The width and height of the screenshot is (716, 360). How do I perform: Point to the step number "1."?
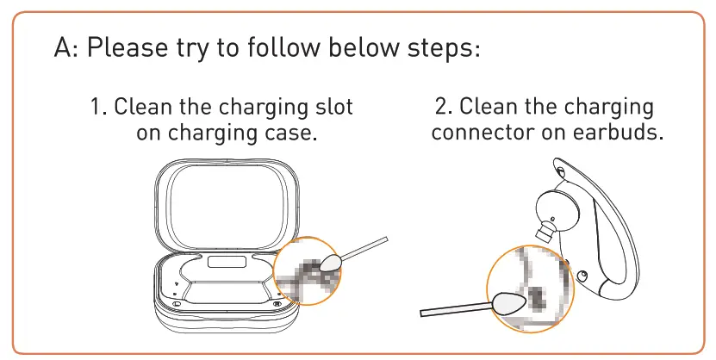[98, 109]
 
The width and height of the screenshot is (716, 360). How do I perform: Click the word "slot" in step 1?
[331, 109]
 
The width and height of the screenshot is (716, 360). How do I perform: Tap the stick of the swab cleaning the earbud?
[456, 309]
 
